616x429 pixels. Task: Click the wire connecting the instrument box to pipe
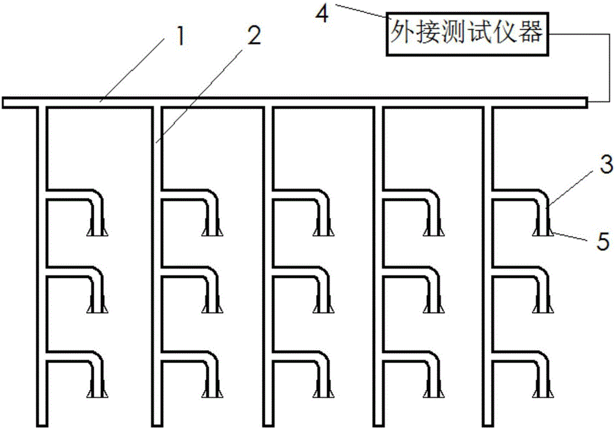(609, 68)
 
